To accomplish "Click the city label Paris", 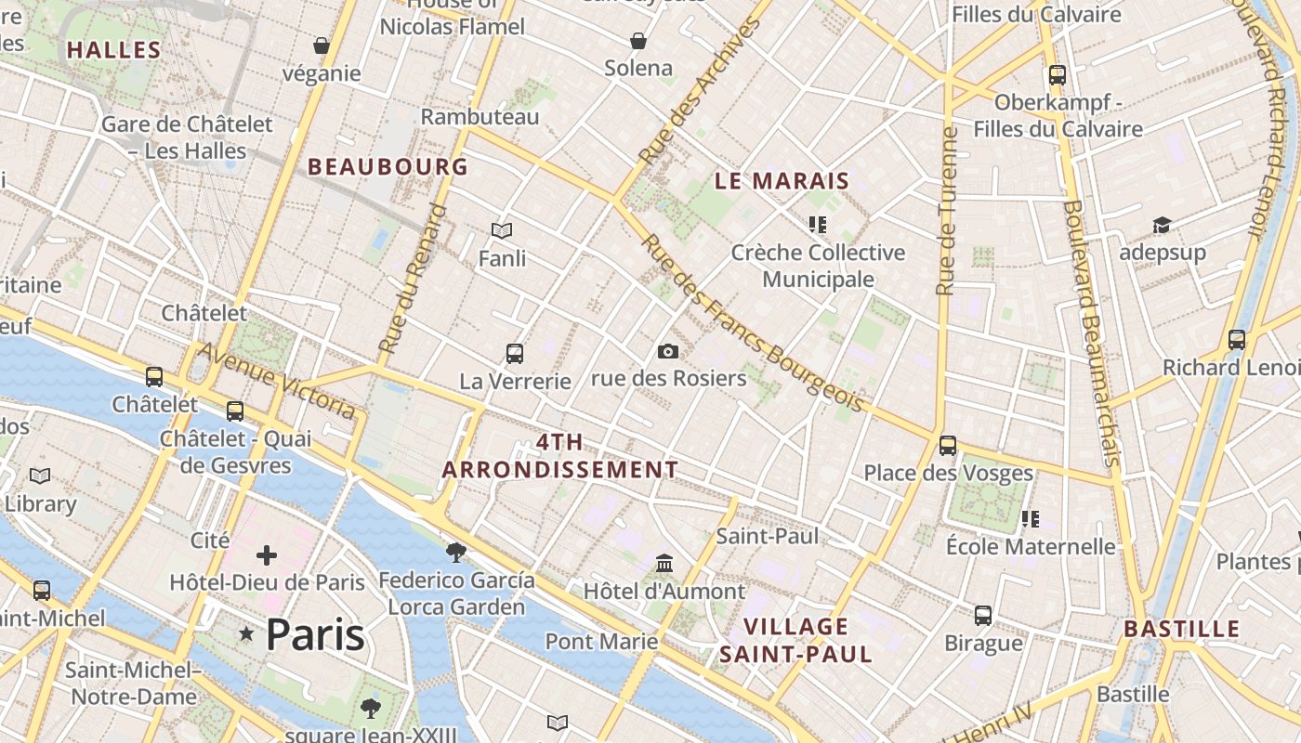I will (315, 634).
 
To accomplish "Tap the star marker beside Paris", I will (246, 634).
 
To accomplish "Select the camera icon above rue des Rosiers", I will (667, 351).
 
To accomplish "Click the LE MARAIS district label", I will (782, 181).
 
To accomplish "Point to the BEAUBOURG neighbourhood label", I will (388, 167).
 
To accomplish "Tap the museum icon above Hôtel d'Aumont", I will (664, 564).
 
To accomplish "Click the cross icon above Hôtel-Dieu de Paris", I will (267, 555).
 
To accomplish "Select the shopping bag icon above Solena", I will (638, 41).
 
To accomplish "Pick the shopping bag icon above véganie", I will (322, 46).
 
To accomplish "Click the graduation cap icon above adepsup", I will (1162, 225).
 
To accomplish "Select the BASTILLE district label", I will (1182, 629).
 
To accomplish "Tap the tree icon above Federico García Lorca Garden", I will (456, 553).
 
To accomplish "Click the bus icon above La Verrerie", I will (515, 354).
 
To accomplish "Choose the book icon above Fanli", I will (502, 230).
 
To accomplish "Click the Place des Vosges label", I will (948, 473).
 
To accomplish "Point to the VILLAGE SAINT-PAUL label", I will (796, 640).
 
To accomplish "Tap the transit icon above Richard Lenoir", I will (1236, 340).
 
